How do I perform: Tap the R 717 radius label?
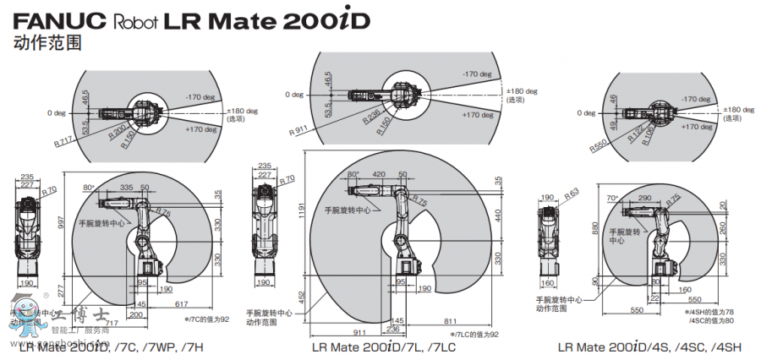(63, 140)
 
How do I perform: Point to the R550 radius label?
(599, 145)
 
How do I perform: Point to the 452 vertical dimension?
(303, 297)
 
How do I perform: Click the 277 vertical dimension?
(60, 291)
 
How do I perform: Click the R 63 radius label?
(572, 194)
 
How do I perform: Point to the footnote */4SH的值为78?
(704, 312)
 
